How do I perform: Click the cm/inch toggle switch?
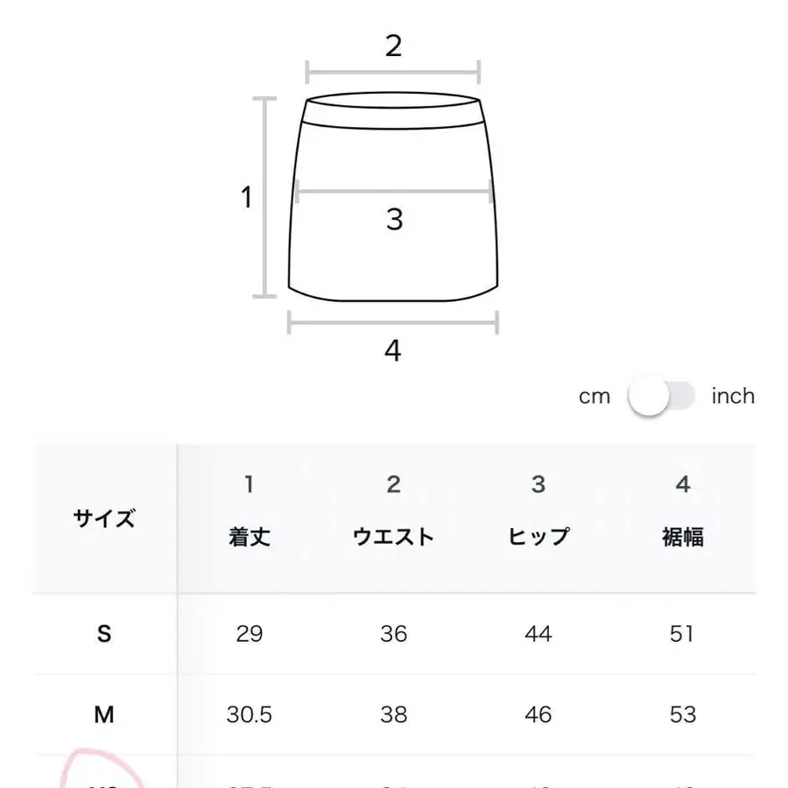click(x=661, y=397)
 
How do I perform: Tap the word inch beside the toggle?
click(x=732, y=397)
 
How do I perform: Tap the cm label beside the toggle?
click(x=594, y=397)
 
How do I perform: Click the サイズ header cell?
click(x=104, y=517)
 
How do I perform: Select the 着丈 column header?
click(x=250, y=537)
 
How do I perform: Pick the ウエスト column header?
click(x=393, y=537)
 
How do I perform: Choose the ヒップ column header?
click(x=538, y=537)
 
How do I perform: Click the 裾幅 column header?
click(x=682, y=537)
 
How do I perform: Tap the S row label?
click(x=104, y=634)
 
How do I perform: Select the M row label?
click(x=104, y=714)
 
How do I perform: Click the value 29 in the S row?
click(x=250, y=634)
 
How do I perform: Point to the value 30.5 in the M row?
click(x=250, y=714)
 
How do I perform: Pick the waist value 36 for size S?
click(x=393, y=634)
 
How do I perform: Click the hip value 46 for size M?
click(x=538, y=714)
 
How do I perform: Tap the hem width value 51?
click(x=682, y=634)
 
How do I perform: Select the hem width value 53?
click(x=682, y=714)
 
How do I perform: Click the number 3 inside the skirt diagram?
click(x=394, y=219)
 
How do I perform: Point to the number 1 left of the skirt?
click(x=247, y=198)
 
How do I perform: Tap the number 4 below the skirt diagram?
click(x=392, y=351)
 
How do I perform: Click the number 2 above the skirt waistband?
click(x=393, y=46)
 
